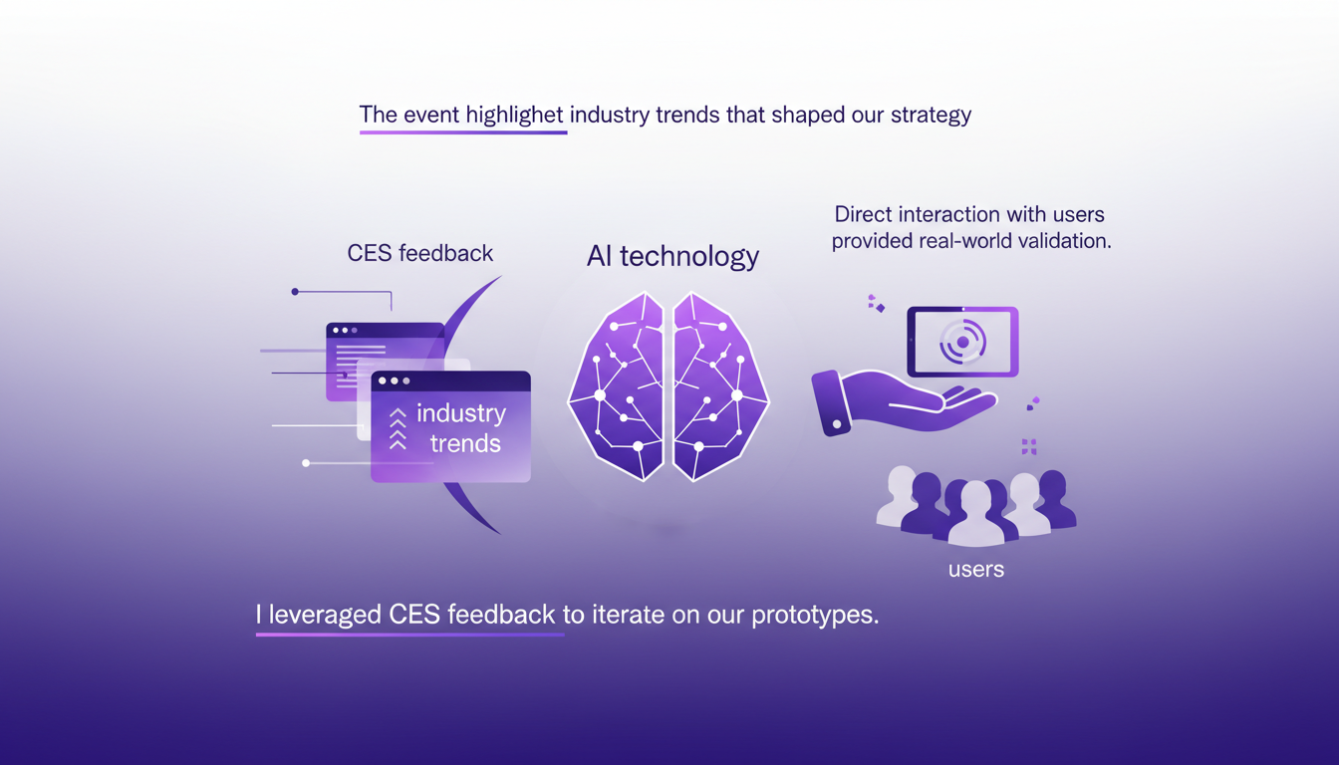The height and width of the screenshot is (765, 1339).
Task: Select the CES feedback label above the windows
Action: point(419,253)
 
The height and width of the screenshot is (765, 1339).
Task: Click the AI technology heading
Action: point(672,256)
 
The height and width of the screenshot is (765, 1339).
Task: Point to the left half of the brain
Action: point(618,388)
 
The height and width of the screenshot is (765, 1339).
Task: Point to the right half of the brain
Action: point(719,388)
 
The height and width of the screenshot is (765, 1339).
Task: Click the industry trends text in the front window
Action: point(461,428)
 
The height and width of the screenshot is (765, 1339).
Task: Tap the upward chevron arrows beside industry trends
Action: point(398,429)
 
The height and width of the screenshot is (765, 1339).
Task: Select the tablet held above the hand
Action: point(962,342)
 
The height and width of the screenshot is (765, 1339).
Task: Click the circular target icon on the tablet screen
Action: point(962,342)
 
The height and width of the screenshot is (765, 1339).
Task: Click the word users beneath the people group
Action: point(975,570)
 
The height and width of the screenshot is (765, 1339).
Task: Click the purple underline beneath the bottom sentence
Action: point(409,635)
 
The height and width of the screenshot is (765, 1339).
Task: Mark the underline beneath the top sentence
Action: point(463,132)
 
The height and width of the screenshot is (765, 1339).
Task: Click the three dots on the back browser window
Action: point(345,330)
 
